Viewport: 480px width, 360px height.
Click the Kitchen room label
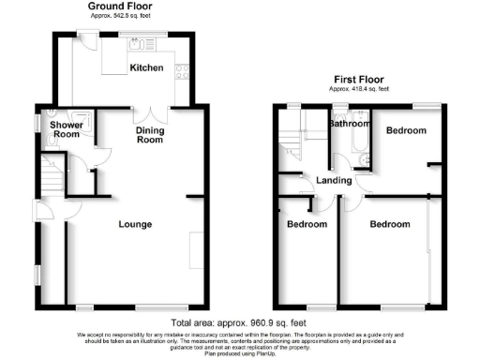[146, 67]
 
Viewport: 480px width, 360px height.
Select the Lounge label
[135, 224]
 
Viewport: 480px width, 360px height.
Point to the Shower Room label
[66, 129]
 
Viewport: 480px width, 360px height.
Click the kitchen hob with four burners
[183, 74]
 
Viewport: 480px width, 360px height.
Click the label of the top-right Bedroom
[407, 130]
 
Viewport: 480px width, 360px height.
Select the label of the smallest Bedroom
[307, 225]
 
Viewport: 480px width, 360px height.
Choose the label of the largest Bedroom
[389, 225]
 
